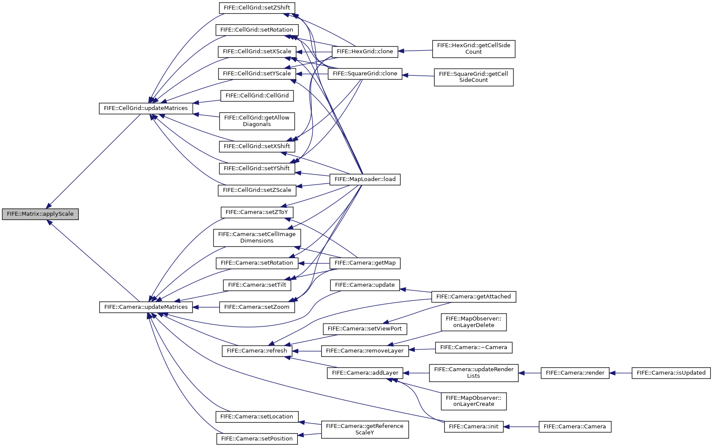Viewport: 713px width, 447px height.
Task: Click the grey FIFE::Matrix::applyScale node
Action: pos(40,214)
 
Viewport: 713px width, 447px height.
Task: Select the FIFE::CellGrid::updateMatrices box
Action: pos(146,108)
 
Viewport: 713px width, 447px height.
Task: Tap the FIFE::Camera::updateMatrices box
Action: pos(146,307)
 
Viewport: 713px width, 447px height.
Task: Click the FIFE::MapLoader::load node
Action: pos(365,180)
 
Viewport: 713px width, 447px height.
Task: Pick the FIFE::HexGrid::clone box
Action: pos(365,52)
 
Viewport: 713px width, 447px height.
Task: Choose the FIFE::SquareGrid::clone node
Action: pos(365,74)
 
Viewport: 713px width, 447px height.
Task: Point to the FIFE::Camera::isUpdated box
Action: pos(671,373)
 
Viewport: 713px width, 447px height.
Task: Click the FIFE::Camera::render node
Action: pos(575,373)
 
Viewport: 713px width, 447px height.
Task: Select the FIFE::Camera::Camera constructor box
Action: pos(575,427)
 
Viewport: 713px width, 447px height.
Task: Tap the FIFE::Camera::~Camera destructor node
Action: pos(474,347)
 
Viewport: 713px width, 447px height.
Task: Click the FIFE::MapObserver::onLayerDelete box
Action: pos(474,322)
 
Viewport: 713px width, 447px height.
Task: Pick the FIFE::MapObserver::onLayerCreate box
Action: pos(474,401)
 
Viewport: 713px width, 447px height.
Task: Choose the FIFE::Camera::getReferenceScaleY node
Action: pos(365,430)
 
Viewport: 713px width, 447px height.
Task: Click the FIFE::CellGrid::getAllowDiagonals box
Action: pos(257,121)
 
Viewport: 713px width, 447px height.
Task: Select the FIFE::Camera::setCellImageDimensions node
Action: pos(257,237)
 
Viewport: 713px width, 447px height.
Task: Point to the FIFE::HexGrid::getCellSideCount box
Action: pos(474,49)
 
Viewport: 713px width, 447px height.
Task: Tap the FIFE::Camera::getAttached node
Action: pos(474,297)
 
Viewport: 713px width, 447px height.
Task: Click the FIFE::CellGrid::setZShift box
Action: pos(257,8)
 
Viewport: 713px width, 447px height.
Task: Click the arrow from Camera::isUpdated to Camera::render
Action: pos(620,373)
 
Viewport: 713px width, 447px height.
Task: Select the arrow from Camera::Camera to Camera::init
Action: pos(521,427)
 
